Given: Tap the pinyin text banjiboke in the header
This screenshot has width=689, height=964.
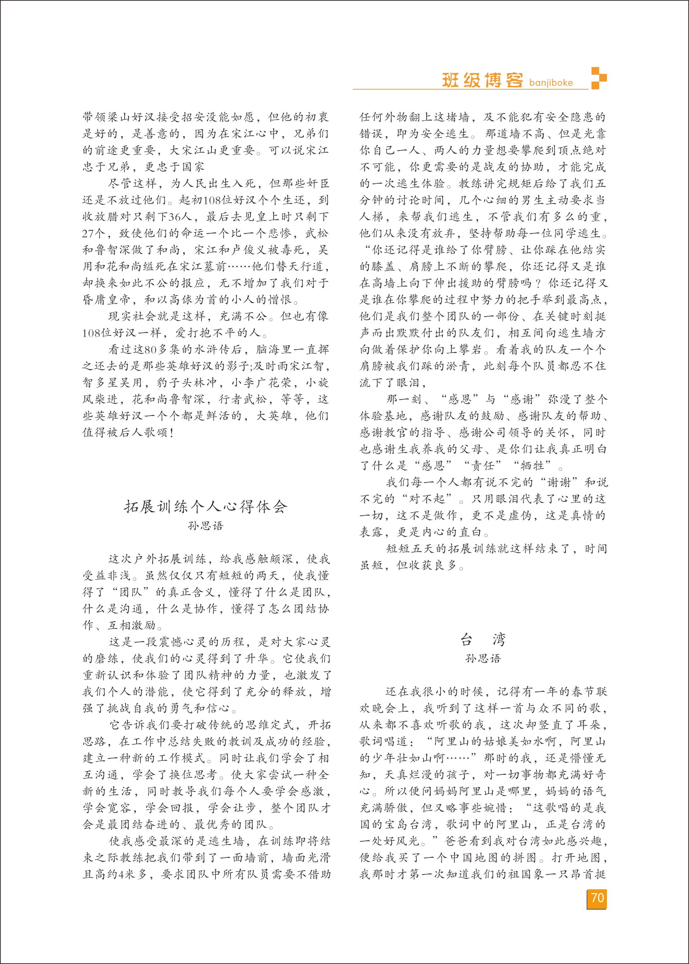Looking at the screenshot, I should pos(551,83).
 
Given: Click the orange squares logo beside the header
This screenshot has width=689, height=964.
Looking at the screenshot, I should pos(599,78).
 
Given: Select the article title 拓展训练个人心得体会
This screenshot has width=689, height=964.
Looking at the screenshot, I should pos(206,507).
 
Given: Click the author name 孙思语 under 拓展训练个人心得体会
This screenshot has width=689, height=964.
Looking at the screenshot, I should pos(206,526).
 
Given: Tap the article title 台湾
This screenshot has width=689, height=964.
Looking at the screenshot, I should pos(483,640).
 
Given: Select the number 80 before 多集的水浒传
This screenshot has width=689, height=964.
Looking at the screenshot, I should pos(151,349).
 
